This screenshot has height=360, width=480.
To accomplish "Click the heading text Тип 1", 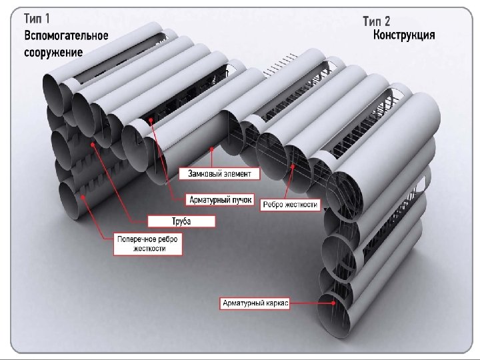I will (x=37, y=19).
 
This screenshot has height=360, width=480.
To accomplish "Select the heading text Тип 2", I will (x=377, y=20).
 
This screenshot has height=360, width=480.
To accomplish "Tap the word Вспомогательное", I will (x=65, y=35).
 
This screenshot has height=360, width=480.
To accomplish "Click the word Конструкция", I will (x=405, y=35).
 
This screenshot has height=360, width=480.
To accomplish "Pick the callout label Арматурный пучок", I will (x=220, y=199).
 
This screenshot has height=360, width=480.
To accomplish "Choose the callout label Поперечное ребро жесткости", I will (x=149, y=243).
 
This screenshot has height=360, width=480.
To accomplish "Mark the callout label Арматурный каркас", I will (x=255, y=303).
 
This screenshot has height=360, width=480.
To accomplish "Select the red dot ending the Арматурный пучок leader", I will (x=151, y=121).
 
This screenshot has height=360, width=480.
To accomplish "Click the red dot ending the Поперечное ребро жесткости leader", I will (x=82, y=197).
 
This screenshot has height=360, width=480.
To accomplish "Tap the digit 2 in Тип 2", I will (x=387, y=20).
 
